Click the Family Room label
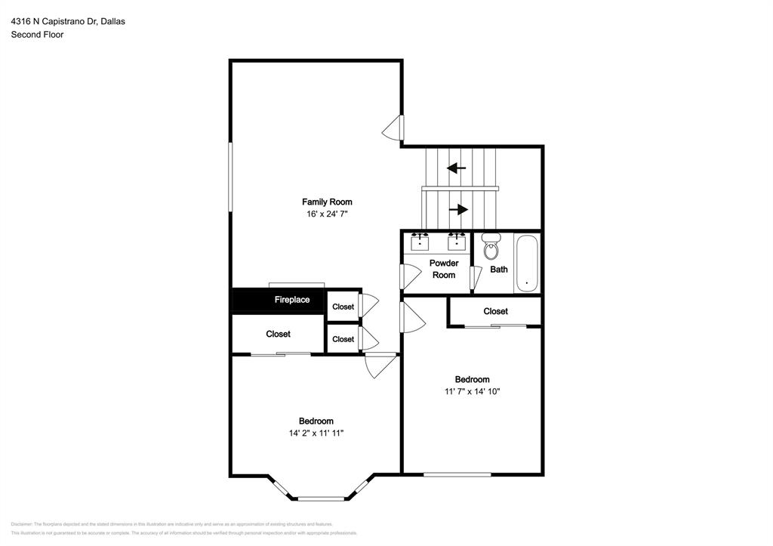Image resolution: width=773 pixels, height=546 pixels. click(327, 202)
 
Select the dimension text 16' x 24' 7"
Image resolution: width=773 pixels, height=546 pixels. click(327, 214)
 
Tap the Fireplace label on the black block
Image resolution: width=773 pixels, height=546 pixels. click(291, 300)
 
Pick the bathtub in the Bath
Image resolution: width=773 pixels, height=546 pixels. click(527, 264)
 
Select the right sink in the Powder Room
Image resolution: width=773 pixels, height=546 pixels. click(456, 242)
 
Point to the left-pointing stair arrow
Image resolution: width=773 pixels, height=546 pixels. click(456, 168)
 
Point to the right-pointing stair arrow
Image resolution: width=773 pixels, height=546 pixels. click(458, 209)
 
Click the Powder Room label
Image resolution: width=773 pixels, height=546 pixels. click(444, 269)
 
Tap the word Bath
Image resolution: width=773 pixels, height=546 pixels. click(499, 270)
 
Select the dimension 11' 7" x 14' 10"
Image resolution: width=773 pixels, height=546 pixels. click(473, 392)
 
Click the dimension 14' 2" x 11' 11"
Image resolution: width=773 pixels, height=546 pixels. click(316, 433)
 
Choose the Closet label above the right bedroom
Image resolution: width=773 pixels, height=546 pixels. click(495, 311)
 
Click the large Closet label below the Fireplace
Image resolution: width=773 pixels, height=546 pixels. click(278, 334)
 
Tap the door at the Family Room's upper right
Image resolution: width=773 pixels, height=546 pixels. click(394, 128)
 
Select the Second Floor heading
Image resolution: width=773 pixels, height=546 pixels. click(37, 35)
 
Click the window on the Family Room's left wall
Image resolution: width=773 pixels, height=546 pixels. click(231, 178)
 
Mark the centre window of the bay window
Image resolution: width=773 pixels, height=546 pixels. click(321, 498)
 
